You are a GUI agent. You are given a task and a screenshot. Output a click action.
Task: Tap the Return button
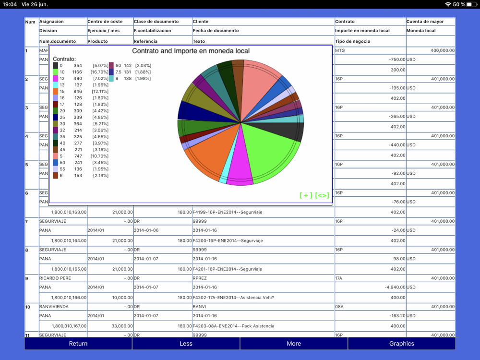coord(78,344)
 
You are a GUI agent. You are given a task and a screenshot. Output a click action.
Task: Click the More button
coord(294,344)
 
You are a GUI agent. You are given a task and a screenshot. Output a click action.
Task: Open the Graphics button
coord(401,344)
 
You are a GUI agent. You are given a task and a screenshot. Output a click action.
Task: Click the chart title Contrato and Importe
coord(191,51)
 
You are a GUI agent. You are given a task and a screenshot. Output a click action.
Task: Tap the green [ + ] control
coord(306,195)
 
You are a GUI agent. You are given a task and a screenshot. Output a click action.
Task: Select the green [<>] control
coord(323,195)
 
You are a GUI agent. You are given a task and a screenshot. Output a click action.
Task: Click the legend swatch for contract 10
coord(56,72)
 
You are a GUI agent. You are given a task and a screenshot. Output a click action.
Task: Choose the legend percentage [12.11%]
coord(100,92)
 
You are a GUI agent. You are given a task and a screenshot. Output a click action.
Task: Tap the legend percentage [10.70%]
coord(100,156)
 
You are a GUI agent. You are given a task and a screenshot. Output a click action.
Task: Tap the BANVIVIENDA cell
coord(54,307)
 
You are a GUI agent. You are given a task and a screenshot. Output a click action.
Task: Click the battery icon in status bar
coord(471,4)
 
